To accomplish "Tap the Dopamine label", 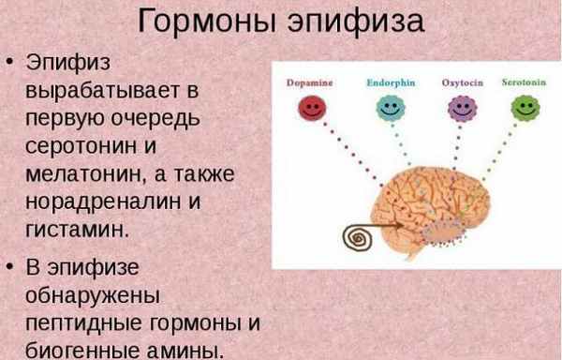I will tap(308, 82).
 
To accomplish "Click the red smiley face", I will tap(309, 108).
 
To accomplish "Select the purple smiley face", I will tap(459, 108).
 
